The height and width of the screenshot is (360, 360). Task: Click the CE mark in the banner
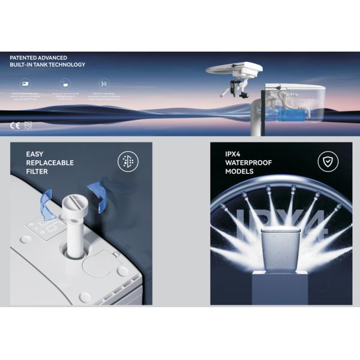pyautogui.click(x=15, y=126)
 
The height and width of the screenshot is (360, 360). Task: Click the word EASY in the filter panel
pyautogui.click(x=35, y=154)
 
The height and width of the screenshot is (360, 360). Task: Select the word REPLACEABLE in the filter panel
pyautogui.click(x=49, y=163)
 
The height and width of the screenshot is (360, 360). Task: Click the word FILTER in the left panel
pyautogui.click(x=37, y=172)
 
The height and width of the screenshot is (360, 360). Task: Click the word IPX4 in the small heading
pyautogui.click(x=233, y=154)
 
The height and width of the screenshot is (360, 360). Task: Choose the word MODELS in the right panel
pyautogui.click(x=238, y=172)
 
